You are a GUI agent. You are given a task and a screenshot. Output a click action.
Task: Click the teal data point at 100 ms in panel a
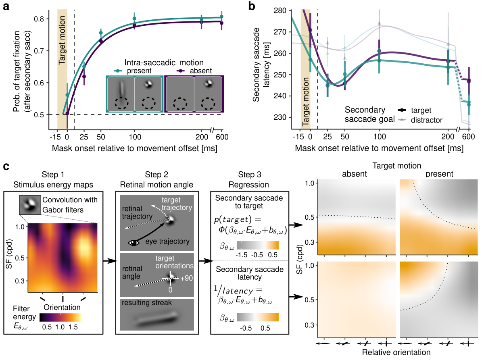tap(135, 19)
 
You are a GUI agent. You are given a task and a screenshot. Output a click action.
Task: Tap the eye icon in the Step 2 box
tap(134, 242)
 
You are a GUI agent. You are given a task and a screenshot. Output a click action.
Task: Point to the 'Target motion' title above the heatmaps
tap(397, 165)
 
